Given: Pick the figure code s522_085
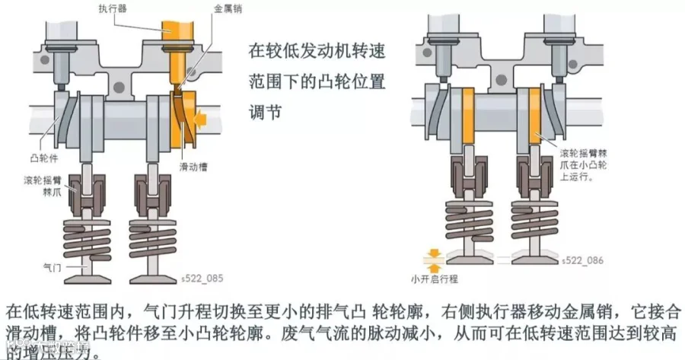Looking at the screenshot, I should [202, 279].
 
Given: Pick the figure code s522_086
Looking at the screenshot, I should [582, 260].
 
